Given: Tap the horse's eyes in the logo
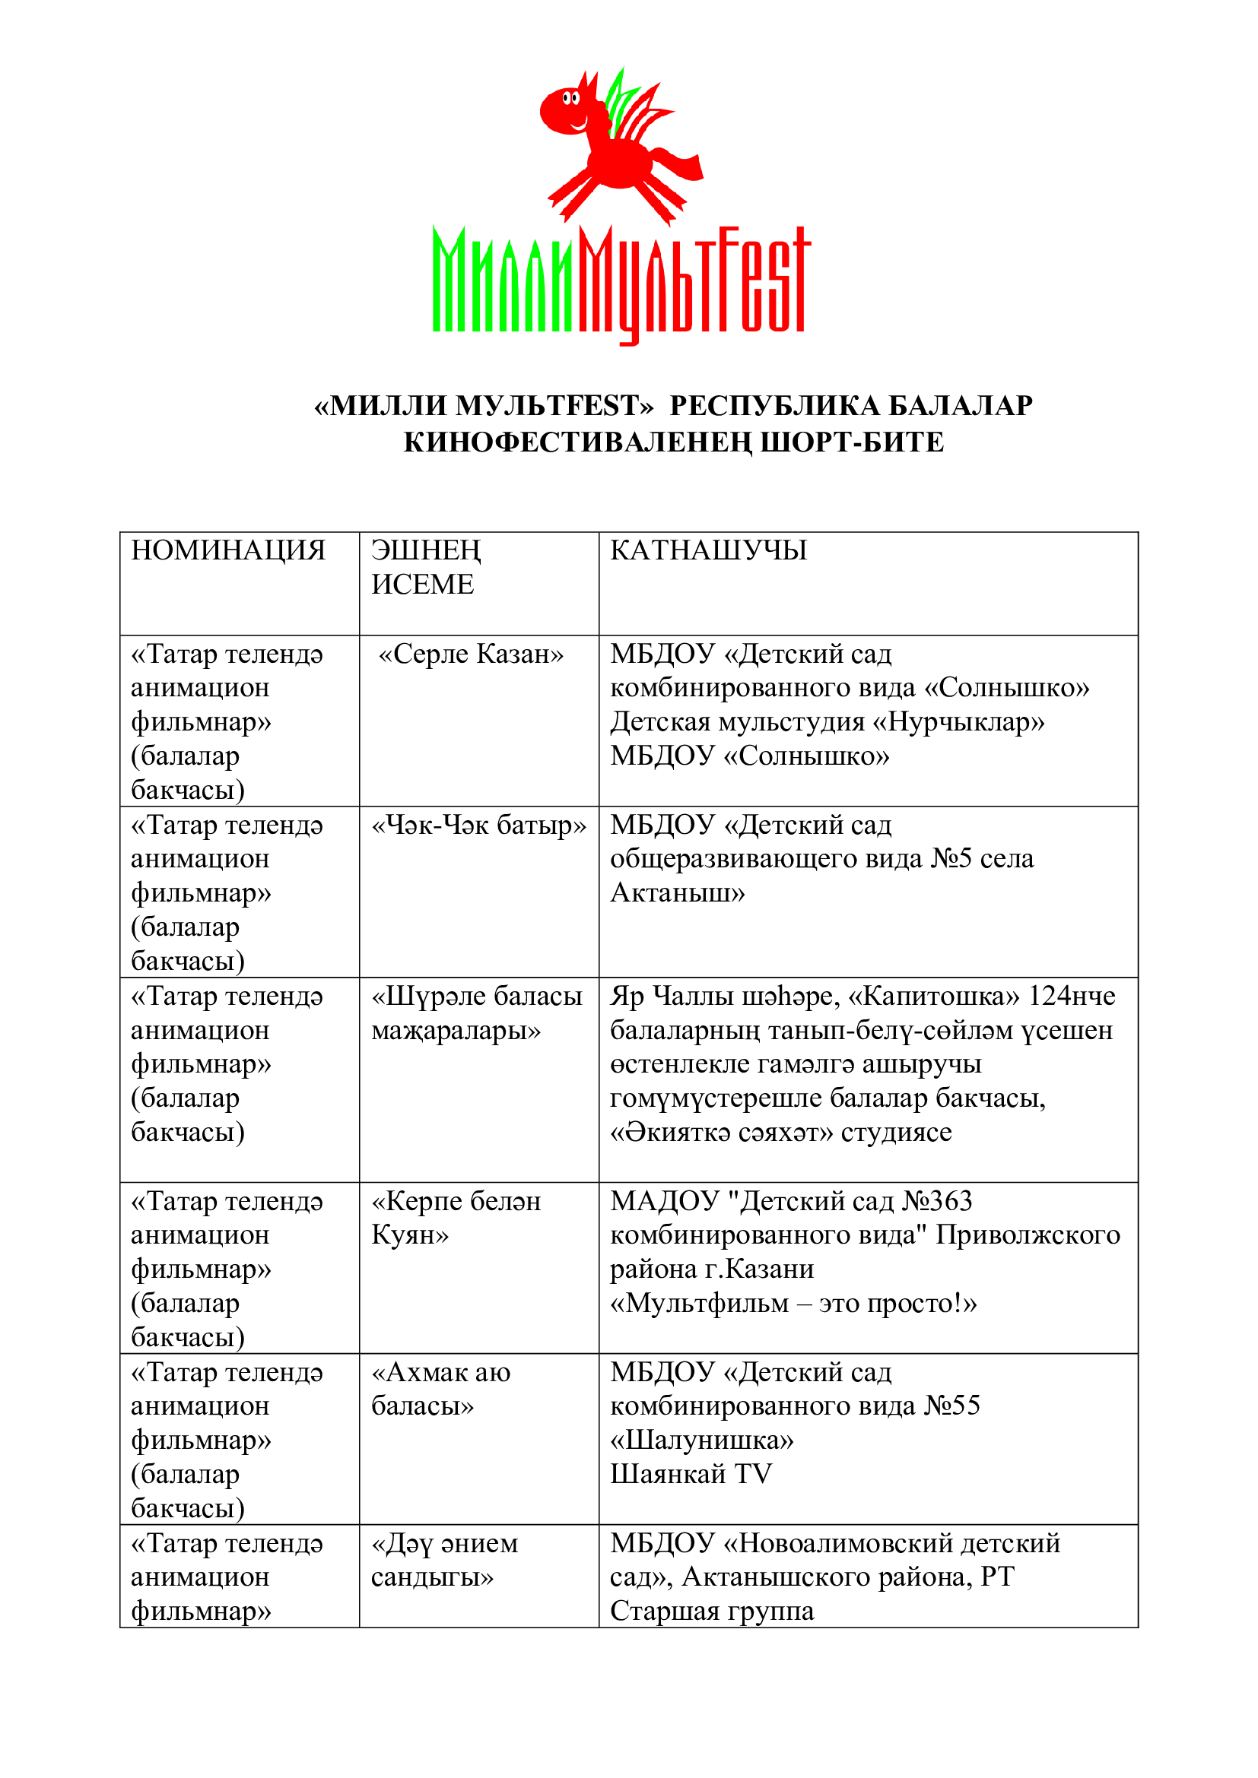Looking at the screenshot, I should coord(571,98).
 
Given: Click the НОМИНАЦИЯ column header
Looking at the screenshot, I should coord(227,550).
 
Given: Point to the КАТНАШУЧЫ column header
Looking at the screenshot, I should coord(708,550).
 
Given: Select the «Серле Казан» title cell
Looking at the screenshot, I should coord(470,654).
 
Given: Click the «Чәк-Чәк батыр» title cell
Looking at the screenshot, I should coord(478,826).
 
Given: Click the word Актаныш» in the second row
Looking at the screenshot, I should coord(677,894).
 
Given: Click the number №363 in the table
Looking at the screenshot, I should coord(937,1202).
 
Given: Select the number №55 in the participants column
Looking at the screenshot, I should coord(952,1406).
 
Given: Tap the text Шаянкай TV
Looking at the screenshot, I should coord(691,1475).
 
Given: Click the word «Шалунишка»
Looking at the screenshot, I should coord(702,1440).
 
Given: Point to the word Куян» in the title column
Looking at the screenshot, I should coord(410,1235).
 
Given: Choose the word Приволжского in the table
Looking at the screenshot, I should coord(1027,1235).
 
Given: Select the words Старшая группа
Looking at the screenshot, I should coord(712,1612).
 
